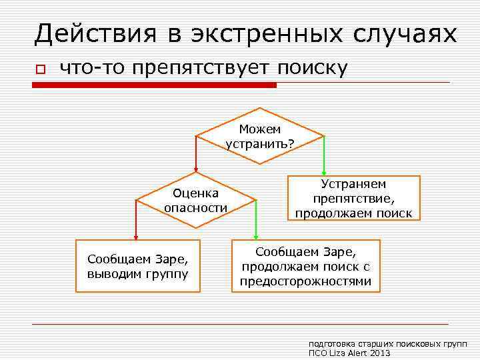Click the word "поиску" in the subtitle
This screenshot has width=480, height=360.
click(x=313, y=68)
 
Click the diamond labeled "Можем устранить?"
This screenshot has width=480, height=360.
click(x=261, y=136)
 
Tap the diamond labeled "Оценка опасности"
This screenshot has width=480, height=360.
click(x=196, y=200)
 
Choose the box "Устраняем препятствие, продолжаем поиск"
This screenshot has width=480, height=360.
click(x=353, y=198)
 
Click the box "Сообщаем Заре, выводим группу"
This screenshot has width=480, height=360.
click(x=137, y=266)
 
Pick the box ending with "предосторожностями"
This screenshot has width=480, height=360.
click(x=305, y=266)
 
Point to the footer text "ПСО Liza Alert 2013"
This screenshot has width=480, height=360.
click(x=350, y=353)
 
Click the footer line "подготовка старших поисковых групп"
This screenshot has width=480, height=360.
click(x=387, y=343)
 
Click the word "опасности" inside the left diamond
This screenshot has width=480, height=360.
click(x=196, y=207)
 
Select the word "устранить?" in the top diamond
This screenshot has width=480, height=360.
click(x=261, y=143)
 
